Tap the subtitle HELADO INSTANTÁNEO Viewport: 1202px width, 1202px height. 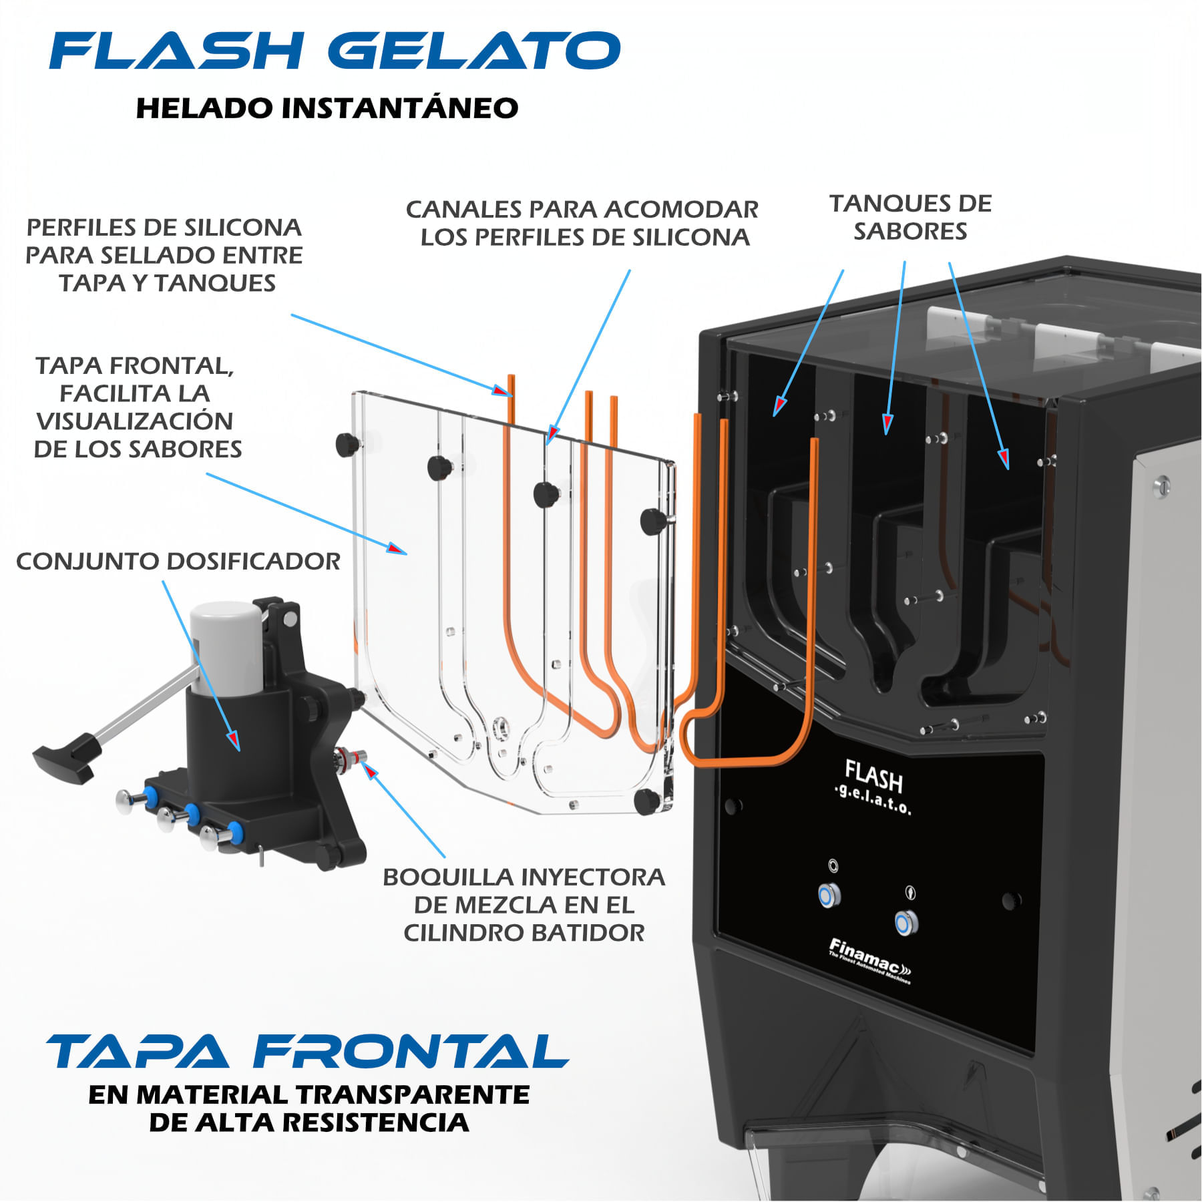327,108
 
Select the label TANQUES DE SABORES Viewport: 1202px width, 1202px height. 910,217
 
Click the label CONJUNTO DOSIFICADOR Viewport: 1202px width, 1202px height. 178,562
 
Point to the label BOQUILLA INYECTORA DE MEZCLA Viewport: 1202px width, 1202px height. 524,904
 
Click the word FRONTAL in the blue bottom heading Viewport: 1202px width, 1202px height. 410,1052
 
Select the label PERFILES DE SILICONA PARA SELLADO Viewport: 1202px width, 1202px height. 164,255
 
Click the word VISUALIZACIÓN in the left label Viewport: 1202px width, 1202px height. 134,421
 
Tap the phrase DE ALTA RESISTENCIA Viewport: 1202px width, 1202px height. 309,1123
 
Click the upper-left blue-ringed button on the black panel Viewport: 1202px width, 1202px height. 829,895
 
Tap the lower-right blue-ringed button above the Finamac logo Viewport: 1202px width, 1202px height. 905,924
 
